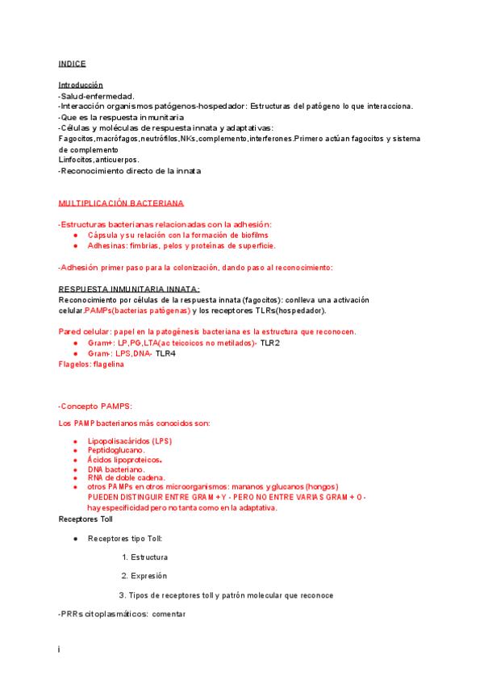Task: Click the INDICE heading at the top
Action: (x=72, y=64)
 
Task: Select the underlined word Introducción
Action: (x=81, y=85)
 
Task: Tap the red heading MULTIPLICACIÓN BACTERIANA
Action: (x=121, y=202)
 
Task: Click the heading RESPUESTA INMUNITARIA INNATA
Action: (x=129, y=289)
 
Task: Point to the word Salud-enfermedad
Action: (x=97, y=96)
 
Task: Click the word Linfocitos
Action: (x=76, y=160)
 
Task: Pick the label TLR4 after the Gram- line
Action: (x=166, y=353)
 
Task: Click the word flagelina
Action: (x=109, y=364)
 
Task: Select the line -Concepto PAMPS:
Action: (x=95, y=406)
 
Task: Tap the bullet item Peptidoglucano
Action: (x=116, y=450)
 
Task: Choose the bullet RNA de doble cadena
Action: (x=127, y=478)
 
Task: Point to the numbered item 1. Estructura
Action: (x=144, y=557)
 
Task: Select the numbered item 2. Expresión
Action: (x=144, y=576)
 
